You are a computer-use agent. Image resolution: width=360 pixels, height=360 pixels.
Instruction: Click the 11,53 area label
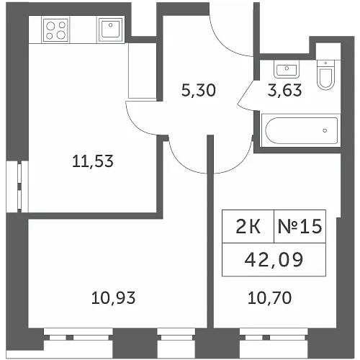[93, 161]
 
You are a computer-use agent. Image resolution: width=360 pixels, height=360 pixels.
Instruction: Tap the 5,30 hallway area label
[199, 91]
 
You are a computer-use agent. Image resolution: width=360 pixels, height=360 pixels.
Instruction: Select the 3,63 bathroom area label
[284, 91]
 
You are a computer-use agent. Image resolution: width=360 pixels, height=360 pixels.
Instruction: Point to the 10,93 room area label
[113, 298]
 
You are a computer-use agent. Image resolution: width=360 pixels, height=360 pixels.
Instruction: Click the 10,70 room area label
[269, 298]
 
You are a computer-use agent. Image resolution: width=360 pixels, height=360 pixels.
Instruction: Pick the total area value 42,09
[274, 260]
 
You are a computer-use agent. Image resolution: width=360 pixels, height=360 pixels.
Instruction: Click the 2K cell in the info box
[248, 226]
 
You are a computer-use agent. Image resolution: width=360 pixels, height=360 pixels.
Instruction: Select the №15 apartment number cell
[300, 226]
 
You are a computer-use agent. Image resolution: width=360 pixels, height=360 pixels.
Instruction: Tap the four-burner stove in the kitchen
[55, 30]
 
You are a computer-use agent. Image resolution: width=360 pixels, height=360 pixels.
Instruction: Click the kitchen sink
[111, 30]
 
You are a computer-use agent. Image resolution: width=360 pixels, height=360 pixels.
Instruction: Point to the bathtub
[301, 130]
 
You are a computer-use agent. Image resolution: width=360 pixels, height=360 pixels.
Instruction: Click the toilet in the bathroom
[325, 74]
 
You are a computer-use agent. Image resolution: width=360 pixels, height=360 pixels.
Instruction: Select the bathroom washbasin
[287, 69]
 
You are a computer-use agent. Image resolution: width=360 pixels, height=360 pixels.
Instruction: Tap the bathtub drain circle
[325, 130]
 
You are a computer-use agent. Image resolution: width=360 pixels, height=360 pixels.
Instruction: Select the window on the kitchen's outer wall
[17, 186]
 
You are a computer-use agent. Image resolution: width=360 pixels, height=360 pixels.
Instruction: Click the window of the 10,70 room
[274, 335]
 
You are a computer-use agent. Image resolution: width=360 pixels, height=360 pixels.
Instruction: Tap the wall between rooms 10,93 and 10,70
[210, 232]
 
